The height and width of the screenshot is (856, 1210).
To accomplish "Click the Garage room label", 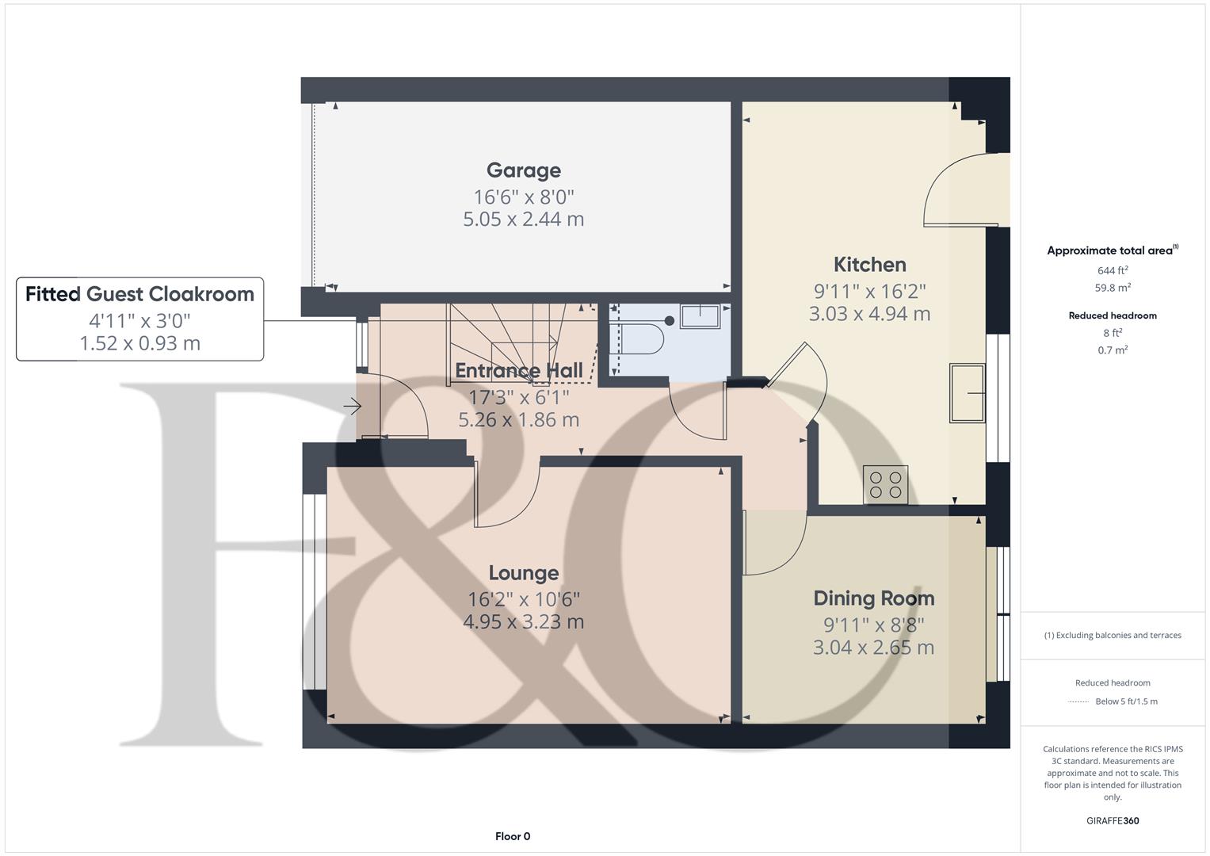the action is tap(524, 170).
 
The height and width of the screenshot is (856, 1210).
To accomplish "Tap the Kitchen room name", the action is tap(870, 265).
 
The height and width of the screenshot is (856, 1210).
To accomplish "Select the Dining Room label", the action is tap(873, 598).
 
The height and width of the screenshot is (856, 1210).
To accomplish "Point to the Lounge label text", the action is tap(524, 573).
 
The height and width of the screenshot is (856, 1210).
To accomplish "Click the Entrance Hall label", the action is tap(518, 371).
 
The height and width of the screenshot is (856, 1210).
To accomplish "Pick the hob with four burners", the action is tap(885, 485).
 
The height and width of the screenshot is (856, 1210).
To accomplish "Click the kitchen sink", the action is tap(967, 393).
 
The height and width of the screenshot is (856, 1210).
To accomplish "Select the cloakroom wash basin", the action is tap(700, 317).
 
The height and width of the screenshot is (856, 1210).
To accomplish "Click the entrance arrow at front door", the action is tap(352, 406).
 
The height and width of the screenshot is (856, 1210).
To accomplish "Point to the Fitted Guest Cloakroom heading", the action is tap(140, 294).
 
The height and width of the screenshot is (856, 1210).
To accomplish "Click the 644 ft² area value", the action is tap(1113, 270).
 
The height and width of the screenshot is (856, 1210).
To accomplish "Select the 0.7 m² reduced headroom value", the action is tap(1113, 350).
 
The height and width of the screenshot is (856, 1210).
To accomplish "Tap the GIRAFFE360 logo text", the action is tap(1113, 821).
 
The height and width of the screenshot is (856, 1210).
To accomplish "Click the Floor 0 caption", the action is tap(513, 836).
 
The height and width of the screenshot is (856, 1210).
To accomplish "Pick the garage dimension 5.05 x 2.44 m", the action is tap(524, 220).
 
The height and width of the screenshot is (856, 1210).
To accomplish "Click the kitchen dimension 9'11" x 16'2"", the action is tap(870, 292).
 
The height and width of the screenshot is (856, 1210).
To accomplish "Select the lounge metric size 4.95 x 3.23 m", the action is tap(524, 622).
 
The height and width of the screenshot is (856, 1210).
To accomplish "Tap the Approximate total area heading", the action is tap(1113, 250).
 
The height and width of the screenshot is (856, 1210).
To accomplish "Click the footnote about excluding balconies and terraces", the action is tap(1113, 636).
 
